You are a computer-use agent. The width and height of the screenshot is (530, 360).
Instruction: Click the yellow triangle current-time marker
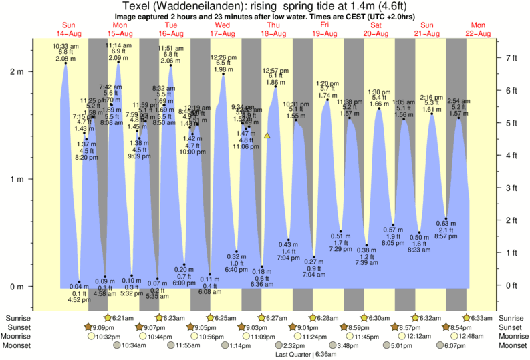click(x=267, y=136)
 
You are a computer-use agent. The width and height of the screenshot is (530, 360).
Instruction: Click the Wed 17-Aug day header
click(x=221, y=29)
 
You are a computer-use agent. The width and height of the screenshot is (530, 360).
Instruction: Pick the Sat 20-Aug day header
click(x=376, y=29)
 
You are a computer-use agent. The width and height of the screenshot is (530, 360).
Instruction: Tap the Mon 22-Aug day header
click(x=479, y=29)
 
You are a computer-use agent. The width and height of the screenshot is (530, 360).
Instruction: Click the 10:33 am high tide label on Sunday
click(x=65, y=45)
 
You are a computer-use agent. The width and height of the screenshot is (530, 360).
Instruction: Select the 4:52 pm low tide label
click(x=79, y=300)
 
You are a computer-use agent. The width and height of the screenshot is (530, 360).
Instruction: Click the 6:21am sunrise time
click(x=120, y=318)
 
